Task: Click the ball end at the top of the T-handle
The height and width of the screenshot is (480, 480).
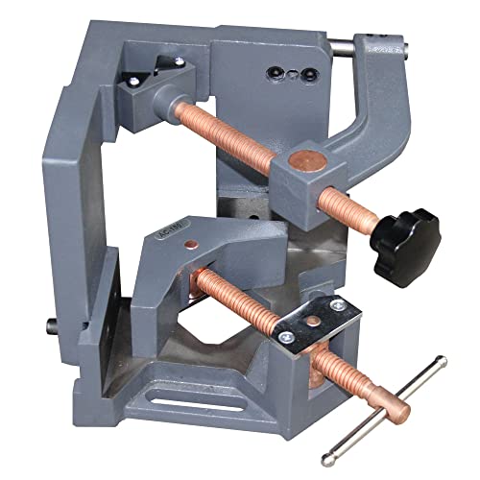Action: [x=440, y=361]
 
